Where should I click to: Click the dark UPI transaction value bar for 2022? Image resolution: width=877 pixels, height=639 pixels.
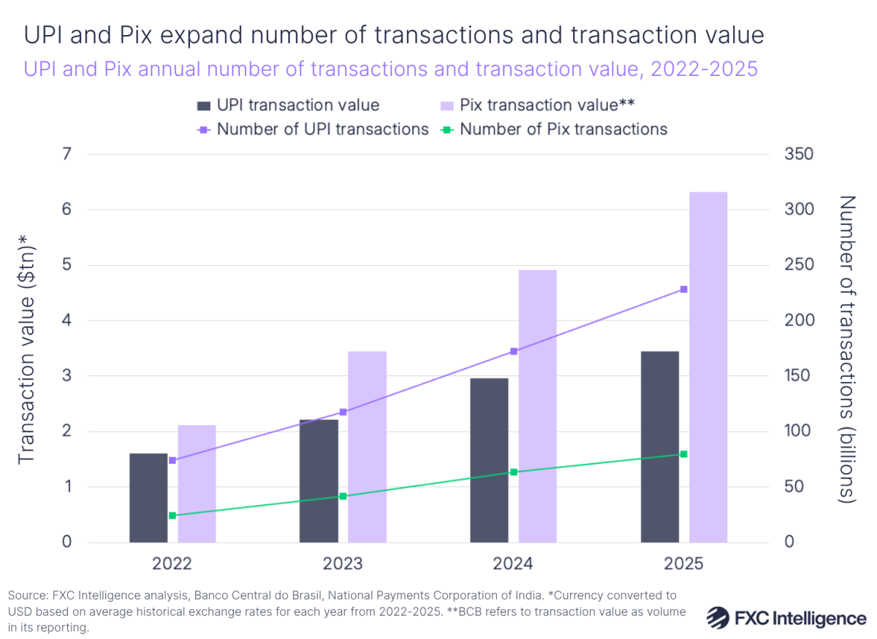tap(148, 498)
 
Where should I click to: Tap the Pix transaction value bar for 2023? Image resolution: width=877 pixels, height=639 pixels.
tap(367, 447)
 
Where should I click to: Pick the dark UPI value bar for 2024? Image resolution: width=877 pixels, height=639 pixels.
tap(489, 460)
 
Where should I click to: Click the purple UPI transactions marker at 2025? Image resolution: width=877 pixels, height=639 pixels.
tap(684, 289)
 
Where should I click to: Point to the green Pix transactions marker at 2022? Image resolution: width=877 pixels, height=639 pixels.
tap(172, 516)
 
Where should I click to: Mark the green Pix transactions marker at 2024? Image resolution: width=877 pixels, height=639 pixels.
tap(514, 472)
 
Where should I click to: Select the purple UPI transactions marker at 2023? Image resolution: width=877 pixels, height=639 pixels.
tap(343, 412)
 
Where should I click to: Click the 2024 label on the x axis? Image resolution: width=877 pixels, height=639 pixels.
tap(513, 564)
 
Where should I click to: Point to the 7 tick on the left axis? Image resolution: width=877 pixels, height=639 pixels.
tap(67, 155)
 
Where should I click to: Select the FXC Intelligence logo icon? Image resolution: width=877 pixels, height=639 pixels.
tap(719, 618)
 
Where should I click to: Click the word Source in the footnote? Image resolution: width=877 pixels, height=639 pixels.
tap(26, 594)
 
